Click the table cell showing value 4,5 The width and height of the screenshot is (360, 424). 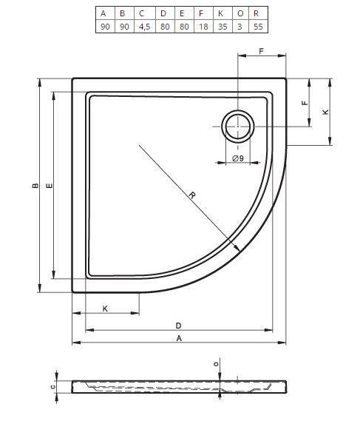145,27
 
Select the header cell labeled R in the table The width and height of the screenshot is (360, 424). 258,13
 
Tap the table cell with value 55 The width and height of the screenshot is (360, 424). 258,27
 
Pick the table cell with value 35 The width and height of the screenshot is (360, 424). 223,27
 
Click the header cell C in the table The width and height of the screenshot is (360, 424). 145,13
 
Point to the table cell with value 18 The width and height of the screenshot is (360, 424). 203,27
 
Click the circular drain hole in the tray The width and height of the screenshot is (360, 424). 238,127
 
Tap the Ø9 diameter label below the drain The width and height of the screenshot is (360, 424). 238,158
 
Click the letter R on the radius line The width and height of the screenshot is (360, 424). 192,195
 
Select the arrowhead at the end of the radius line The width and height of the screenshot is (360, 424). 237,248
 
